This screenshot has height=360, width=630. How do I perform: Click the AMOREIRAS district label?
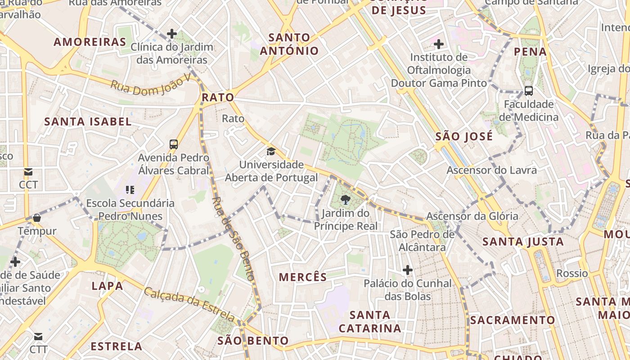(90, 42)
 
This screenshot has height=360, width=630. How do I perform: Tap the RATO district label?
(218, 98)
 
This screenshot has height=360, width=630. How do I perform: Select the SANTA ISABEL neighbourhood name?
(88, 121)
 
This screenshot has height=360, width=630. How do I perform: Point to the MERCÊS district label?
(303, 277)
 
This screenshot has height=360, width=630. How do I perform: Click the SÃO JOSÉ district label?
(464, 137)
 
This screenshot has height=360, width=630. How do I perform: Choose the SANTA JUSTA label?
(523, 242)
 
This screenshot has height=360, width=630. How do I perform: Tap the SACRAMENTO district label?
(513, 320)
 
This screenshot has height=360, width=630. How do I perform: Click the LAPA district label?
(107, 286)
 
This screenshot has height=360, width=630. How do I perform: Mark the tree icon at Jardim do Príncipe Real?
(346, 200)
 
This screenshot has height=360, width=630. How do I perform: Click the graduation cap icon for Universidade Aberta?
(271, 151)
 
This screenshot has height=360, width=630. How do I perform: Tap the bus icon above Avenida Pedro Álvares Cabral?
(174, 144)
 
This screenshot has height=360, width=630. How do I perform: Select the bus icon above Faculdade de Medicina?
(529, 91)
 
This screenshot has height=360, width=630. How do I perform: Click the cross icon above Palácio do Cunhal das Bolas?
(408, 270)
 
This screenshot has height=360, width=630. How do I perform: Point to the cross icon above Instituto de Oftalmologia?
(439, 44)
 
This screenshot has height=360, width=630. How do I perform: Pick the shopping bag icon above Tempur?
(37, 218)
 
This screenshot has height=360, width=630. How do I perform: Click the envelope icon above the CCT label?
(28, 172)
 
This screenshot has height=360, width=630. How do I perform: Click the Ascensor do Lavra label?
(491, 171)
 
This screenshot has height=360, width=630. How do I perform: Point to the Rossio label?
(572, 274)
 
